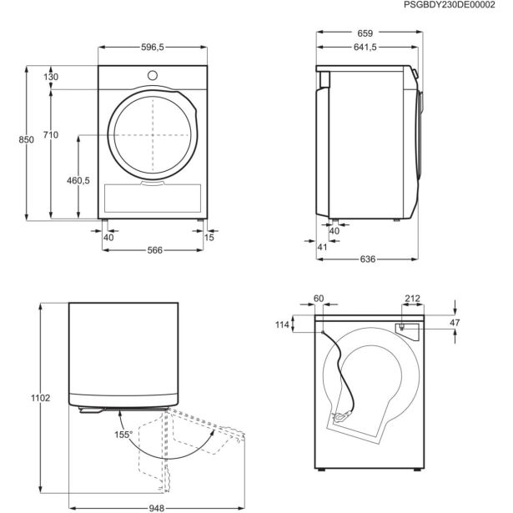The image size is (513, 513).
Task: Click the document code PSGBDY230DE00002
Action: tap(461, 7)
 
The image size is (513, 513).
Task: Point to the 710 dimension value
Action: tap(52, 134)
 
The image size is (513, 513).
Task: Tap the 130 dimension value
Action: tap(52, 77)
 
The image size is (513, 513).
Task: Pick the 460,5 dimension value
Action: tap(78, 180)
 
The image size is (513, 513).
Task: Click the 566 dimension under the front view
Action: tap(150, 250)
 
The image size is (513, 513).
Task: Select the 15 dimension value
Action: tap(209, 238)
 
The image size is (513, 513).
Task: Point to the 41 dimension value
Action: tap(323, 247)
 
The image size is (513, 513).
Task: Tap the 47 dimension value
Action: tap(455, 321)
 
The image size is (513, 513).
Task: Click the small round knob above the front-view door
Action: tap(152, 75)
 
